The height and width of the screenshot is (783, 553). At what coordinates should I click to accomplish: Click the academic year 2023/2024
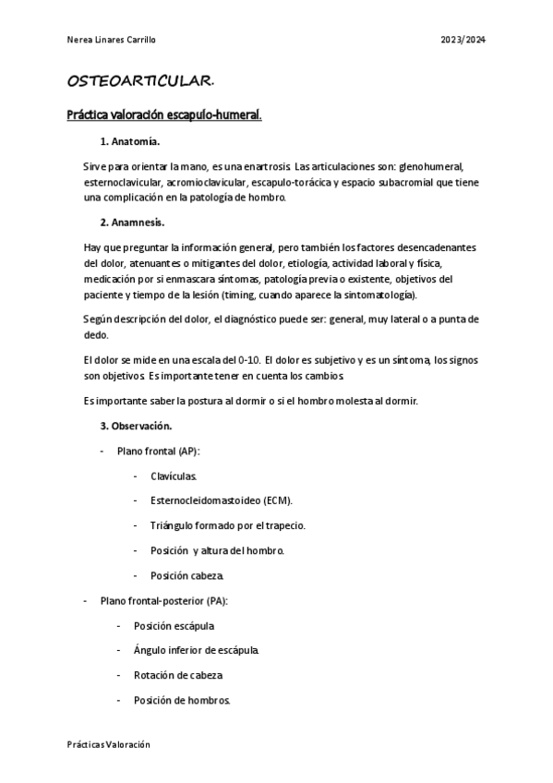point(464,40)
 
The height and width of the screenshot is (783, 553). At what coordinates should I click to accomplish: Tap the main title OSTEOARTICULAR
point(141,82)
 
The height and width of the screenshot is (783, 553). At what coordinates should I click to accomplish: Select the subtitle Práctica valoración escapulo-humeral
point(164,116)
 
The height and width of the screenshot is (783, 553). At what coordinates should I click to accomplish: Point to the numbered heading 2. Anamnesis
point(135,223)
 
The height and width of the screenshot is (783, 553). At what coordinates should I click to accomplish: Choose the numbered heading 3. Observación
point(136,427)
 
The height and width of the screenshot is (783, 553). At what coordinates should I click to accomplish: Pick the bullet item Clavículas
point(174,476)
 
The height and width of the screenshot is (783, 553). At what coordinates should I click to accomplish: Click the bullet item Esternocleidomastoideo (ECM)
point(221,500)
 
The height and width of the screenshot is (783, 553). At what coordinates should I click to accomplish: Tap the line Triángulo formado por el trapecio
point(227,525)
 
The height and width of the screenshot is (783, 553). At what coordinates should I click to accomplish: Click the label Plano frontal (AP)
point(159,451)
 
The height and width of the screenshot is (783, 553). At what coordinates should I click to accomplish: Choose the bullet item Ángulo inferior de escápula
point(196,650)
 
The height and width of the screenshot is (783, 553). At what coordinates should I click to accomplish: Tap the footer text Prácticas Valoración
point(108,744)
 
